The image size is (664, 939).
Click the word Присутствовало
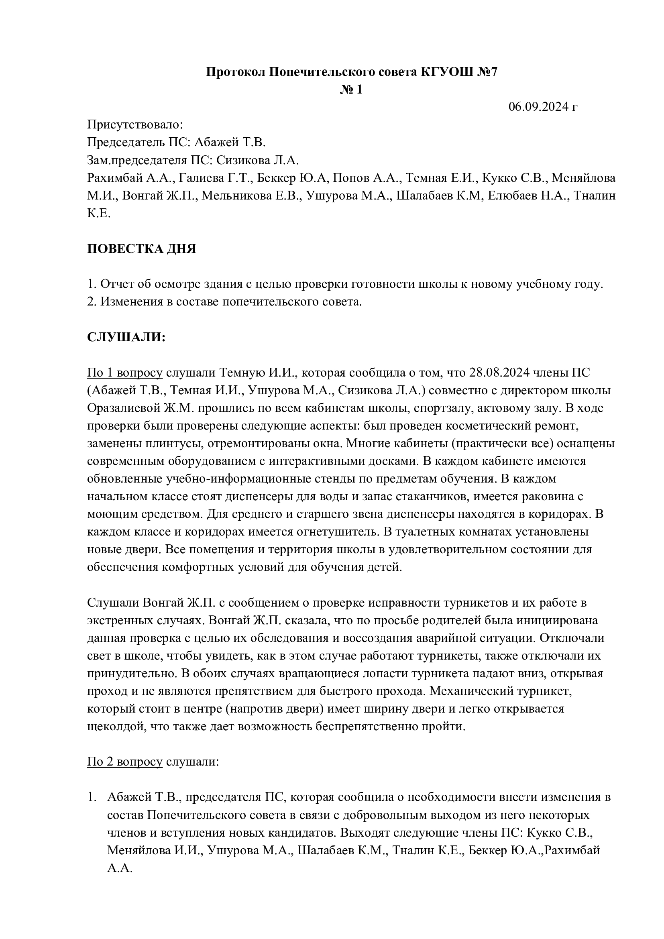pos(135,125)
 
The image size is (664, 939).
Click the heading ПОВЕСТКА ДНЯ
pos(141,248)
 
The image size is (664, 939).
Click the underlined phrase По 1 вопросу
pos(125,373)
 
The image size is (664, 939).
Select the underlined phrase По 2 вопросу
pos(125,762)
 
